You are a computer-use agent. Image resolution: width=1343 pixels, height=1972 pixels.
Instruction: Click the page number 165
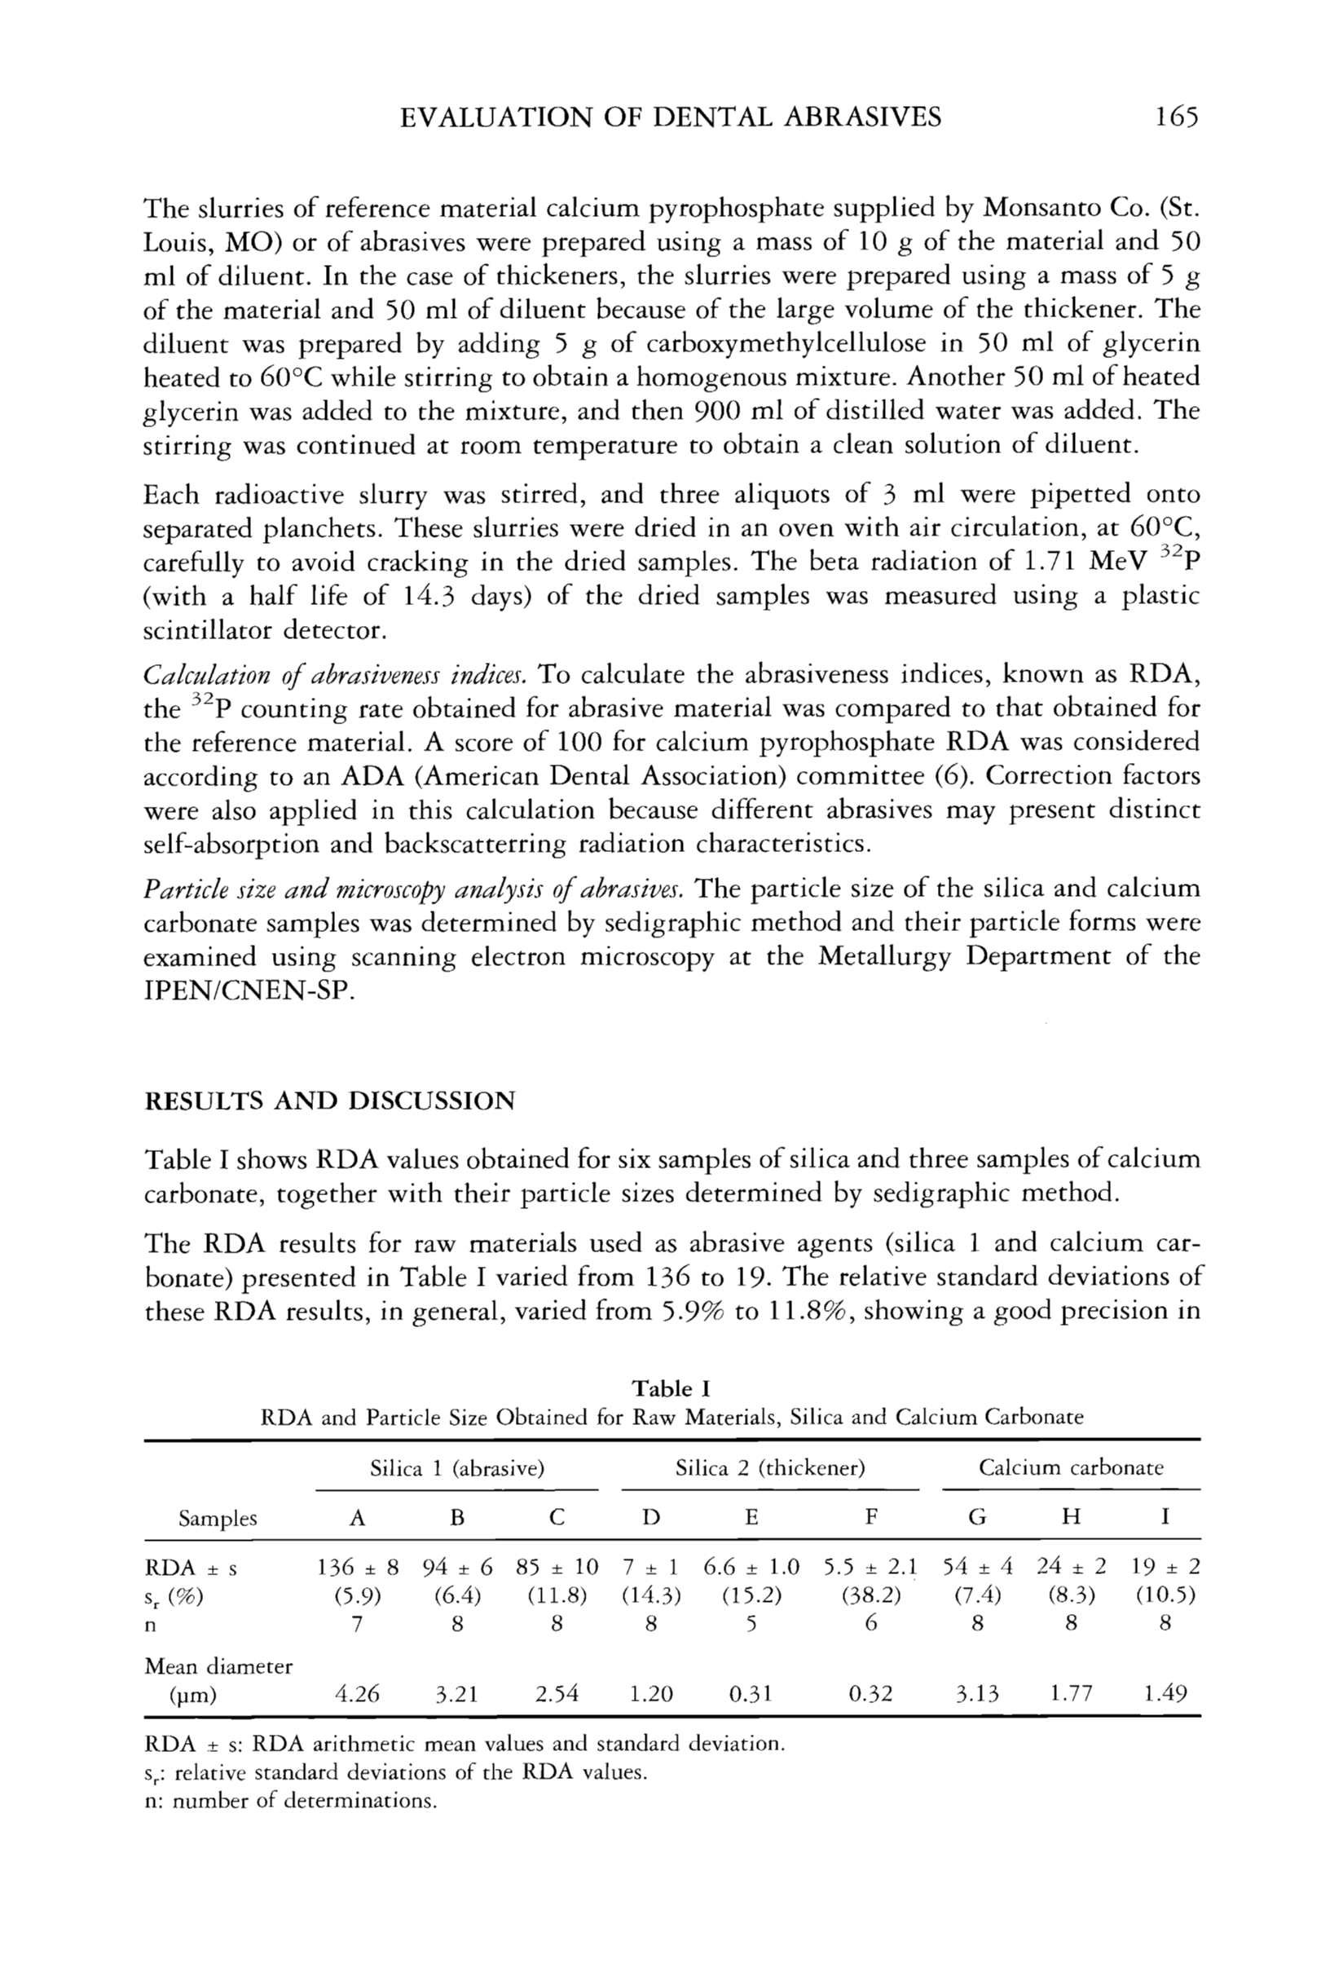[1175, 117]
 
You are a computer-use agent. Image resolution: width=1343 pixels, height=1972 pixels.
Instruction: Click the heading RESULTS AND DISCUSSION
[330, 1101]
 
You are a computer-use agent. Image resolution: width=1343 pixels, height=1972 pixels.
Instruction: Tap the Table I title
[670, 1388]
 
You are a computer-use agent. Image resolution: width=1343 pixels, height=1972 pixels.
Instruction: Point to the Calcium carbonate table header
[1071, 1468]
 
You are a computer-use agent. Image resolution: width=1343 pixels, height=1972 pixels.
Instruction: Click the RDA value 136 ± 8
[357, 1566]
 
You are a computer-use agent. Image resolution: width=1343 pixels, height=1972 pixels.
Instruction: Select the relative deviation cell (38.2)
[870, 1595]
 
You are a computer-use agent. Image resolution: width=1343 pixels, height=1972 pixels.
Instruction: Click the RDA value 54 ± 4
[977, 1566]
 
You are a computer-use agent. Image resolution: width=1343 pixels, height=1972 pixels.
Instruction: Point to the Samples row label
[218, 1519]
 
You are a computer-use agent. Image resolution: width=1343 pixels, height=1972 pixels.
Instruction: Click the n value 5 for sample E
[751, 1623]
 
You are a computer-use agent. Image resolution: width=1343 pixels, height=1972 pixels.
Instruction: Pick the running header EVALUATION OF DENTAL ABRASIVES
[670, 117]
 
